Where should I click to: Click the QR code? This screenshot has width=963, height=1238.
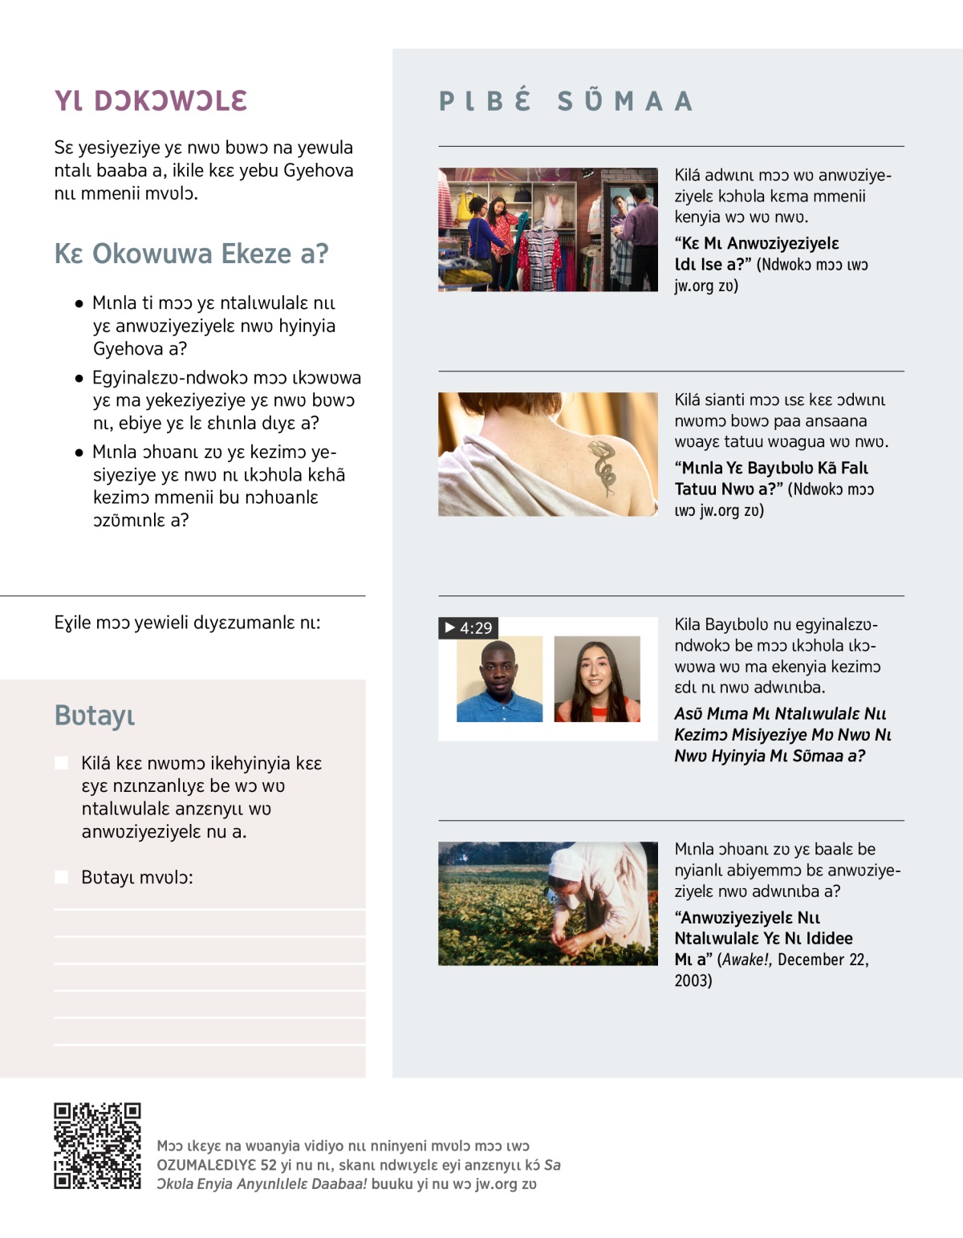[x=97, y=1145]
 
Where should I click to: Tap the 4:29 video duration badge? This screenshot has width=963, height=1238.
[x=469, y=627]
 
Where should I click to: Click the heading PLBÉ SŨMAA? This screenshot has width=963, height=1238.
[x=566, y=101]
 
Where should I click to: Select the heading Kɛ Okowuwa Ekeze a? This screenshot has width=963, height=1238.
[x=191, y=254]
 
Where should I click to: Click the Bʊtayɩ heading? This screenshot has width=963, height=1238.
[x=95, y=715]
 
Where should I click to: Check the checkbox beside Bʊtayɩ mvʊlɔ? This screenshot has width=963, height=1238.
[x=61, y=877]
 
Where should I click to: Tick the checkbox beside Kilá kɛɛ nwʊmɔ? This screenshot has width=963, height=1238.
[x=61, y=763]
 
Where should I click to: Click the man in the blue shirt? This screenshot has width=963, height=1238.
[x=499, y=682]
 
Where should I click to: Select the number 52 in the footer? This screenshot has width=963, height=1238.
[x=268, y=1165]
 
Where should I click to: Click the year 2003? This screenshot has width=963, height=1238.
[x=693, y=980]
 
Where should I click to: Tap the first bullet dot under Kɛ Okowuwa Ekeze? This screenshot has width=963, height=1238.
[x=79, y=304]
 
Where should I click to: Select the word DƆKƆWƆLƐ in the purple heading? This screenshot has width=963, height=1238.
[x=170, y=101]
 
